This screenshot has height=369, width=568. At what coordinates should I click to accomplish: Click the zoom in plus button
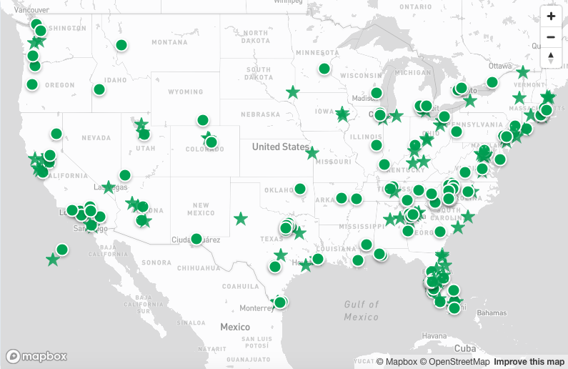(x=551, y=16)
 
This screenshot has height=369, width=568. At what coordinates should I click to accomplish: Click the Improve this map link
(x=529, y=362)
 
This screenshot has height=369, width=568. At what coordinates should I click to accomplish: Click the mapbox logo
(x=36, y=356)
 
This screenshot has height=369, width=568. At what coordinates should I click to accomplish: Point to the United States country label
(x=280, y=147)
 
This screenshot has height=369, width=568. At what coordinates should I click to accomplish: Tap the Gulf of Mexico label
(x=361, y=310)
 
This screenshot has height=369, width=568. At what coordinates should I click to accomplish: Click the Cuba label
(x=465, y=348)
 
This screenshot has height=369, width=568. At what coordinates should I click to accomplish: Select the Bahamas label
(x=492, y=313)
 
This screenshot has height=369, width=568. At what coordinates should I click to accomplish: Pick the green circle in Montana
(x=121, y=45)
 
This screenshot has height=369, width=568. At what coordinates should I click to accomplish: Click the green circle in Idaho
(x=99, y=89)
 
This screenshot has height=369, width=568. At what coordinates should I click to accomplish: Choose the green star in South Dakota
(x=293, y=92)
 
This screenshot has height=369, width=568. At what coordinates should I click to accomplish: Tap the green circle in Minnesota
(x=324, y=69)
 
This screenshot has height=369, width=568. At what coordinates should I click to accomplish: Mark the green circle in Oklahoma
(x=300, y=189)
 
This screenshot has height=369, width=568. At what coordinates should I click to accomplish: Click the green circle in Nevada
(x=56, y=133)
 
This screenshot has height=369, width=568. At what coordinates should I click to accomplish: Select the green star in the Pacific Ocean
(x=52, y=260)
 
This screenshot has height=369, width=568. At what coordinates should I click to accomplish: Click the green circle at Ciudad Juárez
(x=196, y=239)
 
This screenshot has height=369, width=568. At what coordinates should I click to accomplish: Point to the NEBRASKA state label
(x=259, y=114)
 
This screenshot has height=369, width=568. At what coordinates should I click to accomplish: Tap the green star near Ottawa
(x=523, y=72)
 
